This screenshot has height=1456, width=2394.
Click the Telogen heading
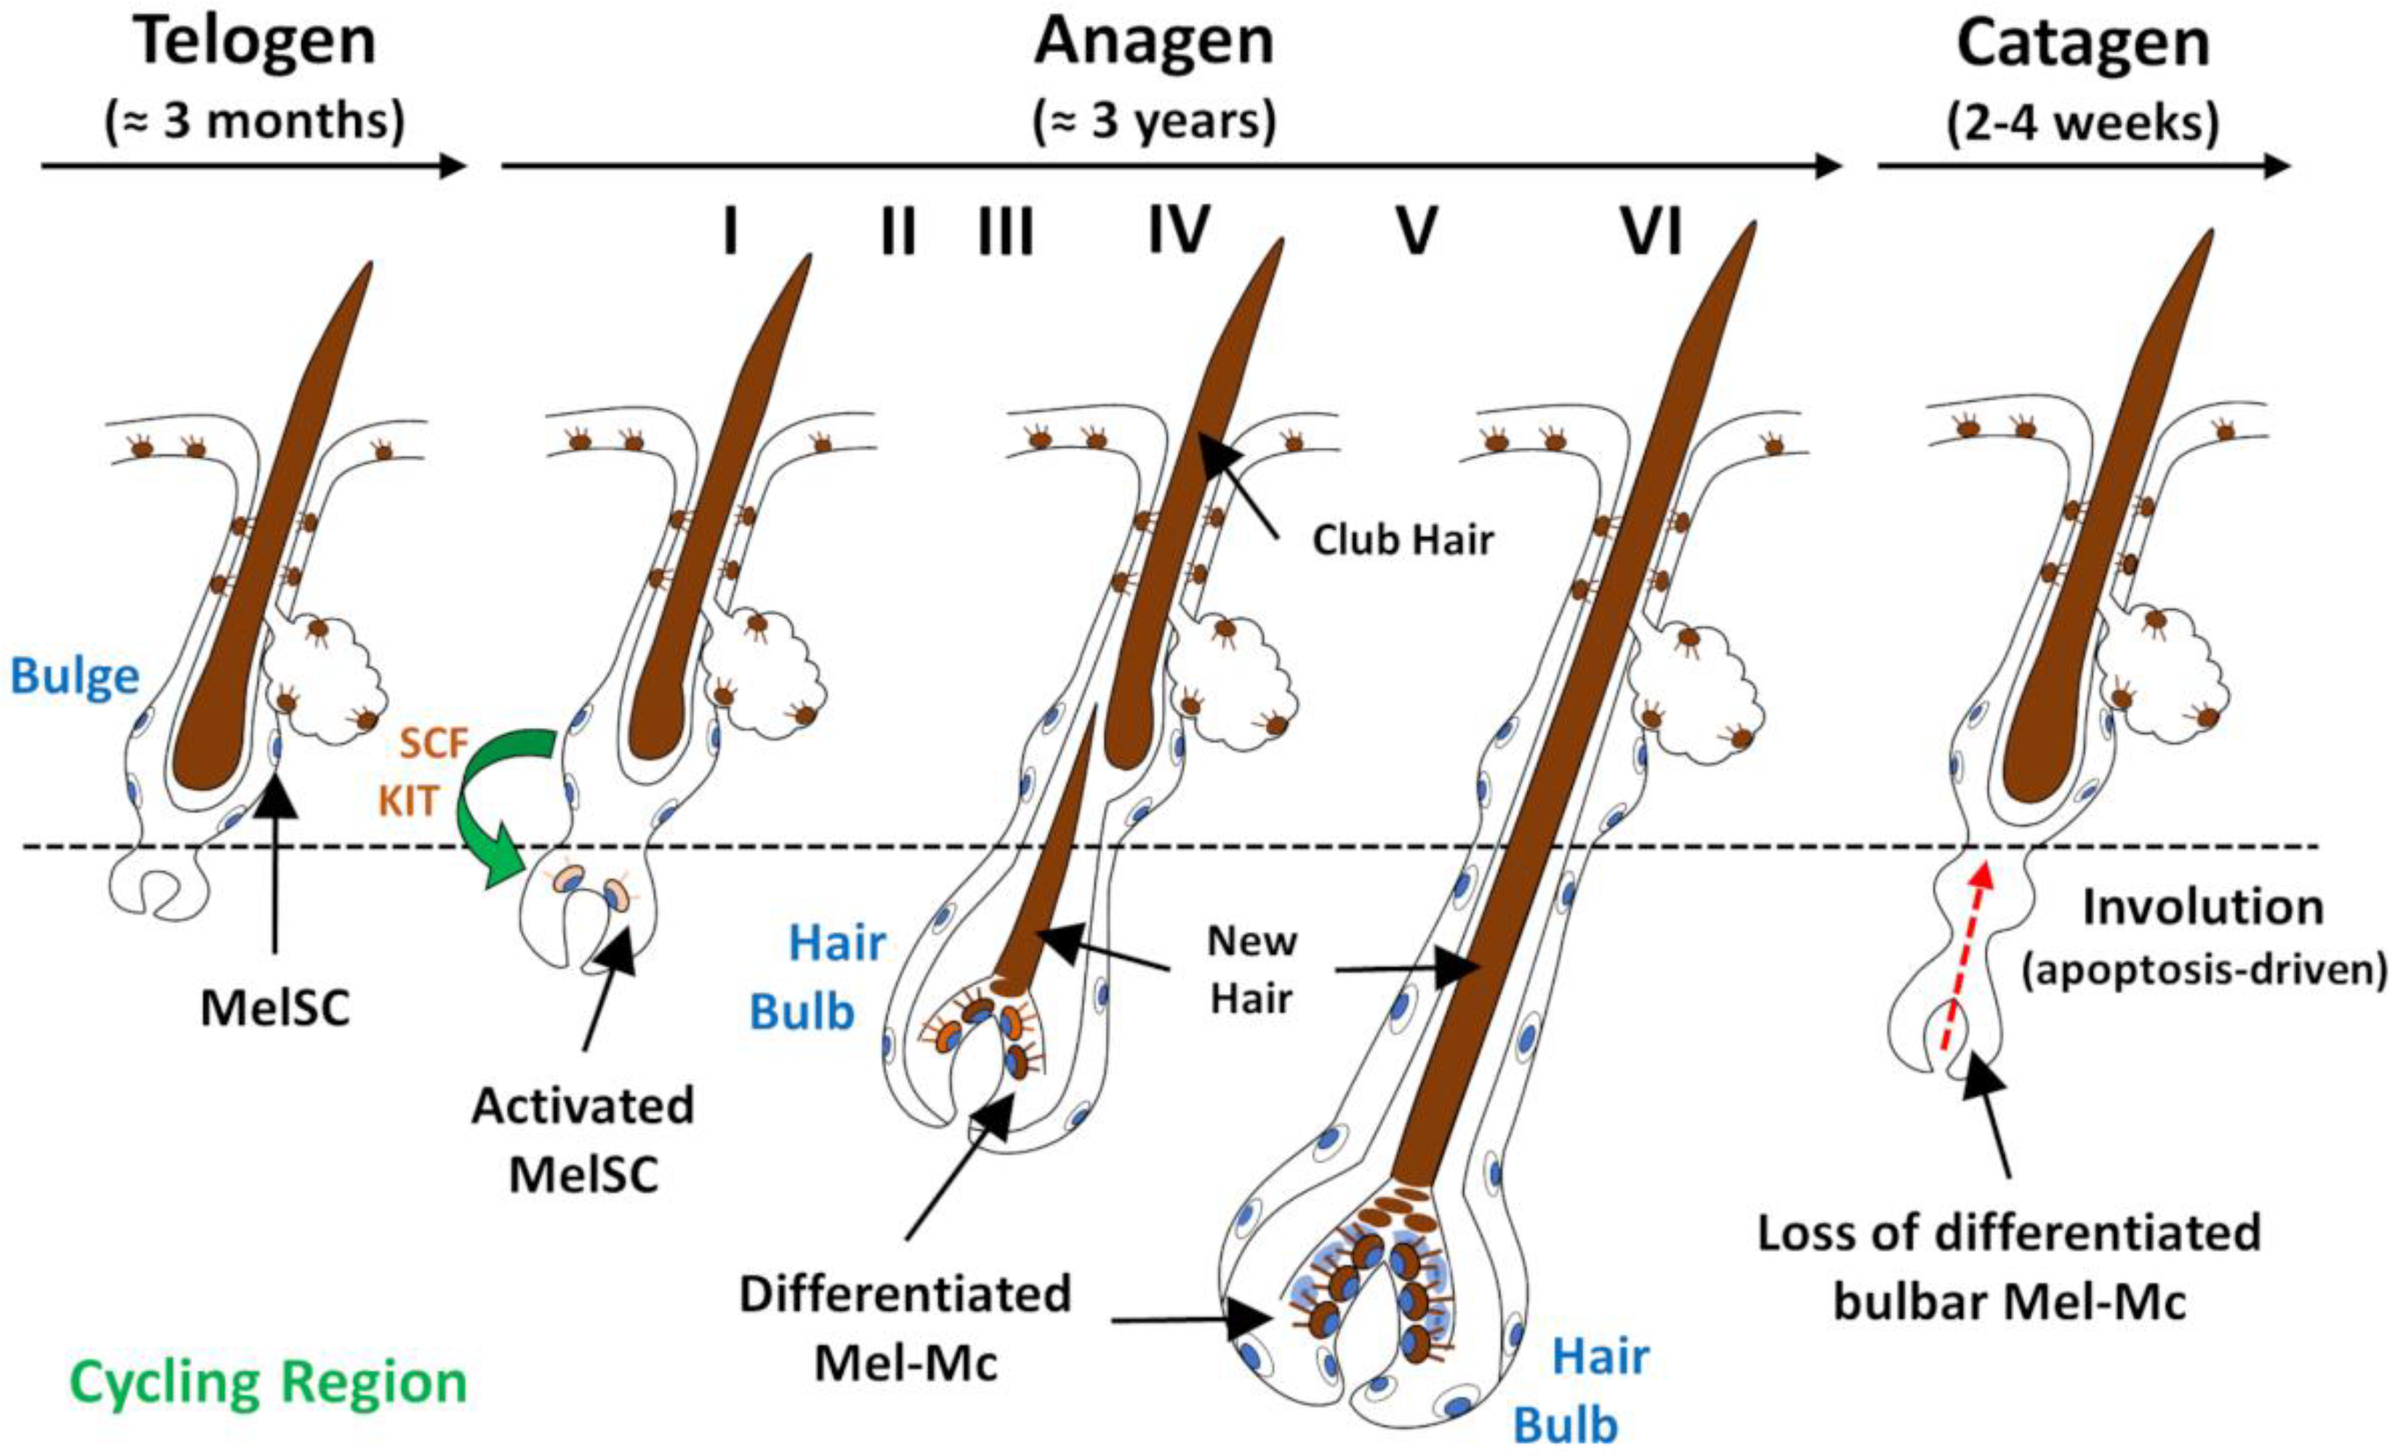tap(256, 43)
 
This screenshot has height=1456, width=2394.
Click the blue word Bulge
tap(75, 677)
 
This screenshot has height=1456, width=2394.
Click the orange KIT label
tap(409, 802)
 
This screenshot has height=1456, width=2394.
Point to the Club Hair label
tap(1402, 540)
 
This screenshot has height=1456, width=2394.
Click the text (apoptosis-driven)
tap(2204, 970)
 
